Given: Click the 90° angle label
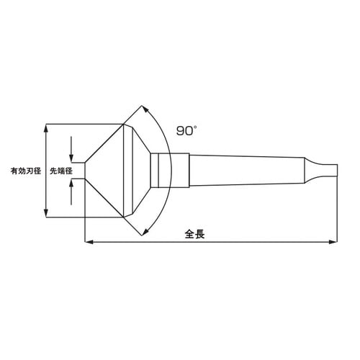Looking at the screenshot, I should point(186,131).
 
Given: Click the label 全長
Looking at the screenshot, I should point(195,235).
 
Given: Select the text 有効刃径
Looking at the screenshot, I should point(25,172).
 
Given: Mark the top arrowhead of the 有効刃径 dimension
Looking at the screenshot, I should point(47,127).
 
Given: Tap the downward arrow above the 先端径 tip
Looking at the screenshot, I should point(71,157).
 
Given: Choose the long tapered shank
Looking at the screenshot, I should point(245,171).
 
